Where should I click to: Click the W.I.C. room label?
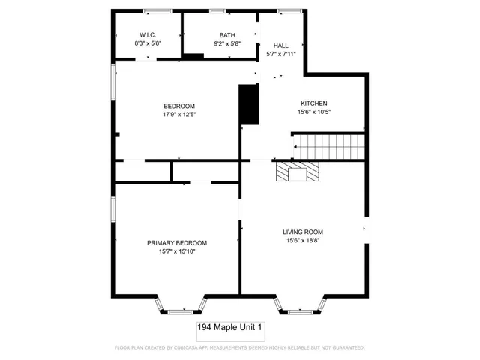pyautogui.click(x=146, y=35)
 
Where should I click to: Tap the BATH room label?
pyautogui.click(x=226, y=35)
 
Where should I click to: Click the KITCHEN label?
pyautogui.click(x=313, y=103)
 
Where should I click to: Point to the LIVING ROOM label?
pyautogui.click(x=302, y=232)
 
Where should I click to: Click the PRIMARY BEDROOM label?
pyautogui.click(x=176, y=243)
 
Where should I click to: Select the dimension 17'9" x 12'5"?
pyautogui.click(x=179, y=115)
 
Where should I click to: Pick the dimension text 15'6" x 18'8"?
pyautogui.click(x=302, y=241)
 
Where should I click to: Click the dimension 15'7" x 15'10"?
pyautogui.click(x=176, y=252)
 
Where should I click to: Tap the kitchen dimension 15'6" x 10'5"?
pyautogui.click(x=313, y=112)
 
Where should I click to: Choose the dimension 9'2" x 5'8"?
pyautogui.click(x=226, y=43)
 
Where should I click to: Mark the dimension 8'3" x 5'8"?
pyautogui.click(x=146, y=43)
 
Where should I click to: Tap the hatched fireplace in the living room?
pyautogui.click(x=298, y=173)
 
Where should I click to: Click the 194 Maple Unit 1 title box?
pyautogui.click(x=229, y=328)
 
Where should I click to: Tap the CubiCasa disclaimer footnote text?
pyautogui.click(x=239, y=348)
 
